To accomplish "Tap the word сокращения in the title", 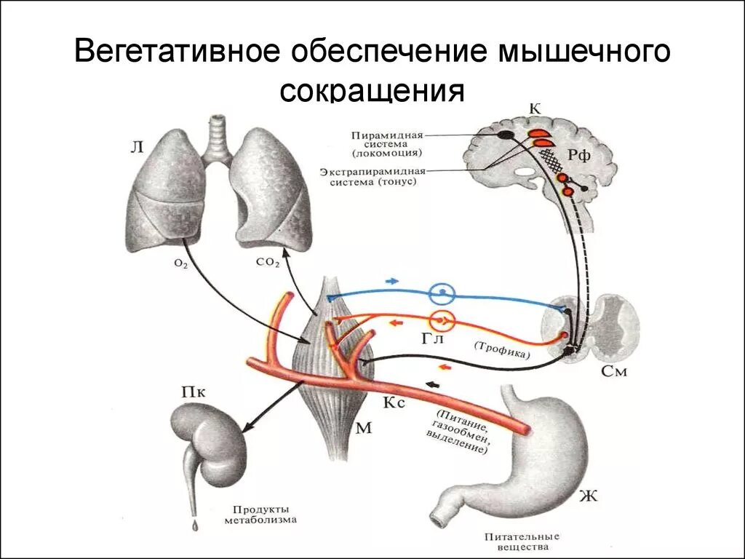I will point(372,92).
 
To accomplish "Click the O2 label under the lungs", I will point(181,264).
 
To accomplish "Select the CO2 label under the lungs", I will point(268,263).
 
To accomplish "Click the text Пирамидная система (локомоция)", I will point(386,144).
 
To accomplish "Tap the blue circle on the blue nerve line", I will point(441,293).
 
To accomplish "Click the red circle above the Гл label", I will point(441,320).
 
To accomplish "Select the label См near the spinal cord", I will point(615,371).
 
